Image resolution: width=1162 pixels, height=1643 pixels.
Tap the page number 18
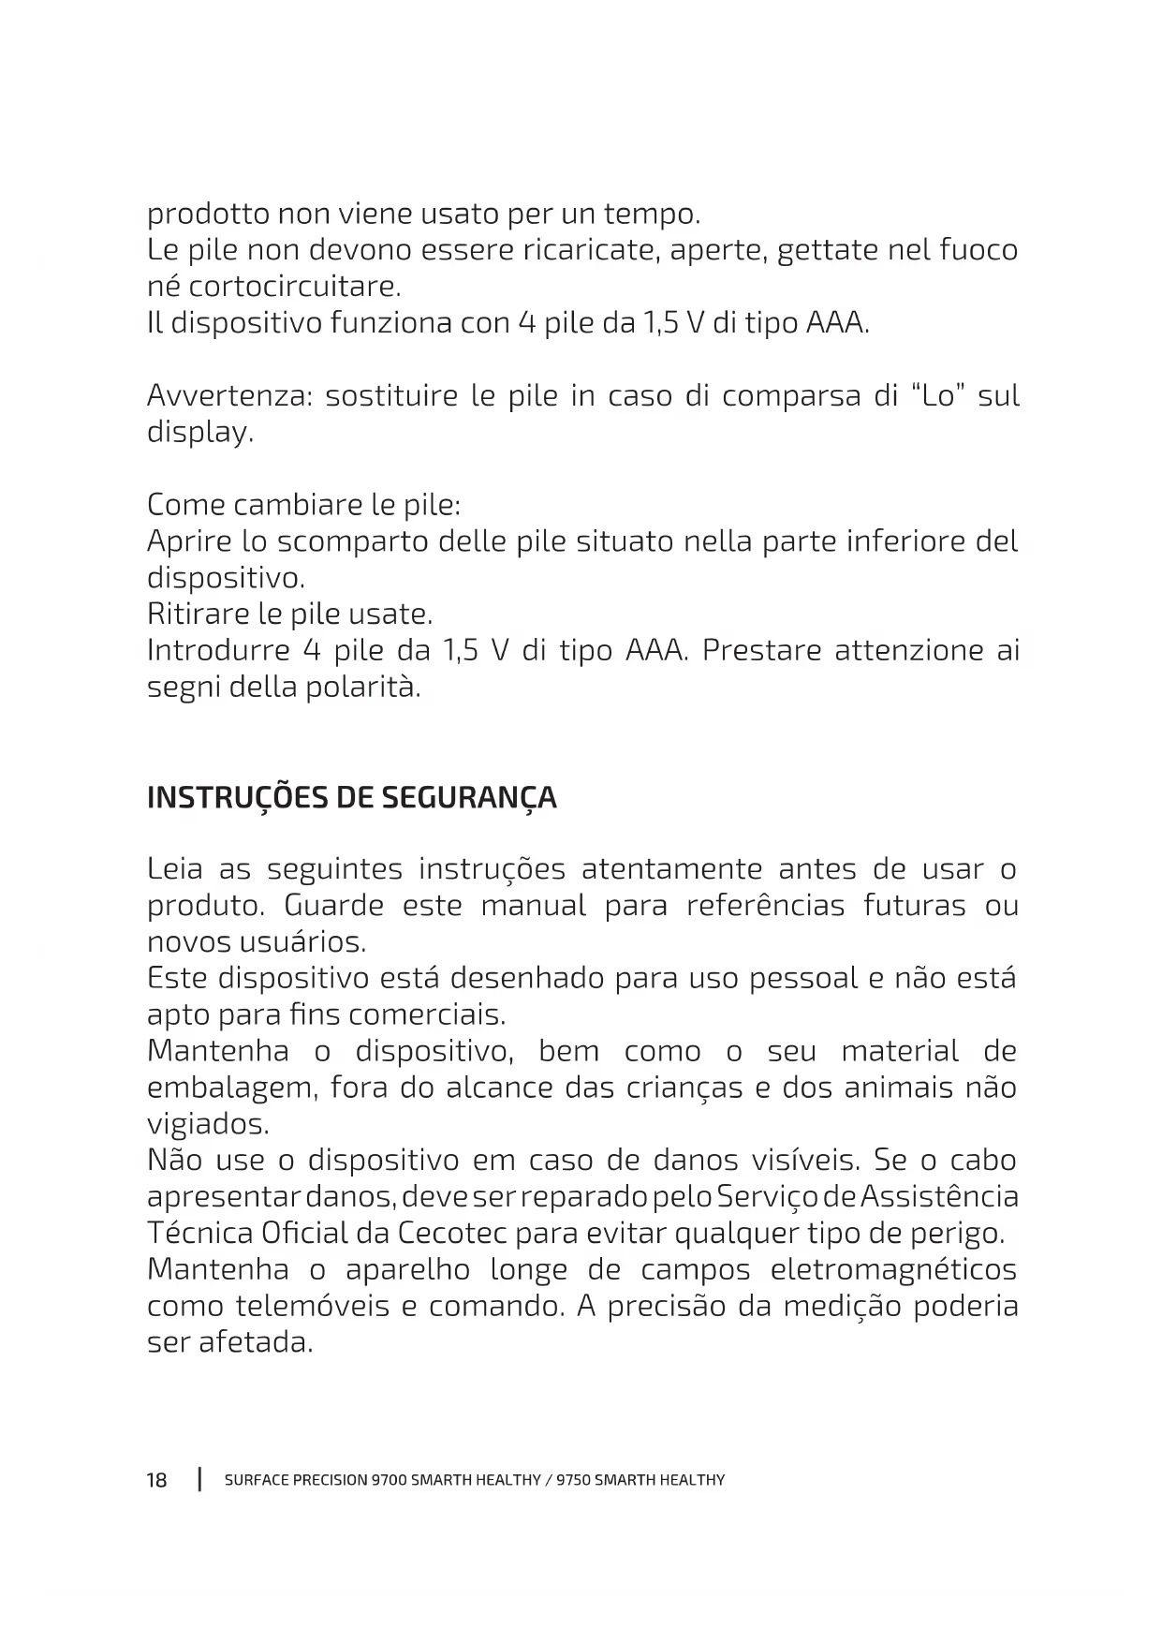[156, 1480]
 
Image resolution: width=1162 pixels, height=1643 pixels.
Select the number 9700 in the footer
[389, 1481]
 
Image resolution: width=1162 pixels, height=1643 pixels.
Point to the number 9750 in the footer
[573, 1481]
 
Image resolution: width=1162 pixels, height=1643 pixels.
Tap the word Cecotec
[453, 1233]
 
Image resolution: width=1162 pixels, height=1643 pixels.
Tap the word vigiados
[208, 1124]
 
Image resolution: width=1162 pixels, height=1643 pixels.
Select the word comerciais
[427, 1015]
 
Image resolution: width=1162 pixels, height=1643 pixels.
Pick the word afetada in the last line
[255, 1343]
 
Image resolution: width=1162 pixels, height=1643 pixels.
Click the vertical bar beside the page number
[199, 1480]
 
